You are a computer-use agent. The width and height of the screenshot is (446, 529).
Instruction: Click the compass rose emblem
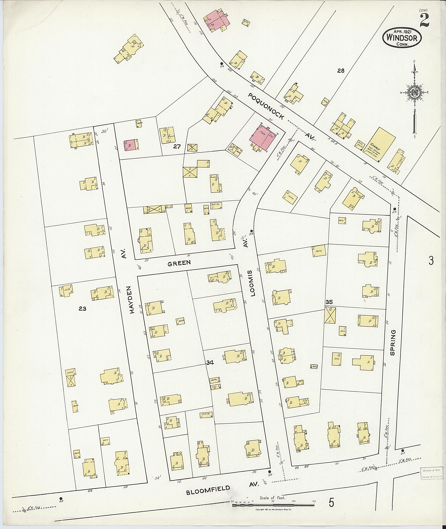(x=414, y=93)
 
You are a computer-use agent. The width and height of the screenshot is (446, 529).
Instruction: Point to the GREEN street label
(x=179, y=263)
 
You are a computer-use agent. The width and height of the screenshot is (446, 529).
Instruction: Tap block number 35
(x=329, y=302)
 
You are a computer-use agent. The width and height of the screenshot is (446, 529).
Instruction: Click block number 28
(x=341, y=71)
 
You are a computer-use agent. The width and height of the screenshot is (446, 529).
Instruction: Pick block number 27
(x=177, y=146)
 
